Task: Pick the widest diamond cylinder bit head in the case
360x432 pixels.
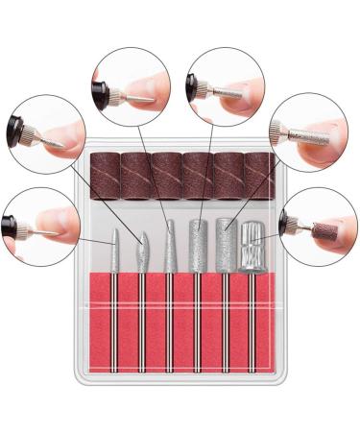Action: click(x=228, y=245)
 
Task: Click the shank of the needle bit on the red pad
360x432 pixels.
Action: click(x=115, y=307)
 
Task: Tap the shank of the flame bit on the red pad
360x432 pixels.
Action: click(x=142, y=307)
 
